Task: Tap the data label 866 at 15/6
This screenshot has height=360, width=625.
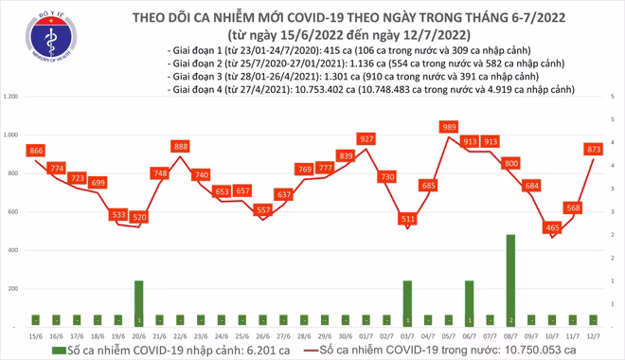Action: click(36, 151)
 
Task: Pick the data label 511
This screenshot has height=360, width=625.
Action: click(408, 219)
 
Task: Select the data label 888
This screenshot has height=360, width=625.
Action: click(180, 146)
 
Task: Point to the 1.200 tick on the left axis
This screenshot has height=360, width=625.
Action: click(12, 97)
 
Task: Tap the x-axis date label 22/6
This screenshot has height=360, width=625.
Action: click(180, 334)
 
